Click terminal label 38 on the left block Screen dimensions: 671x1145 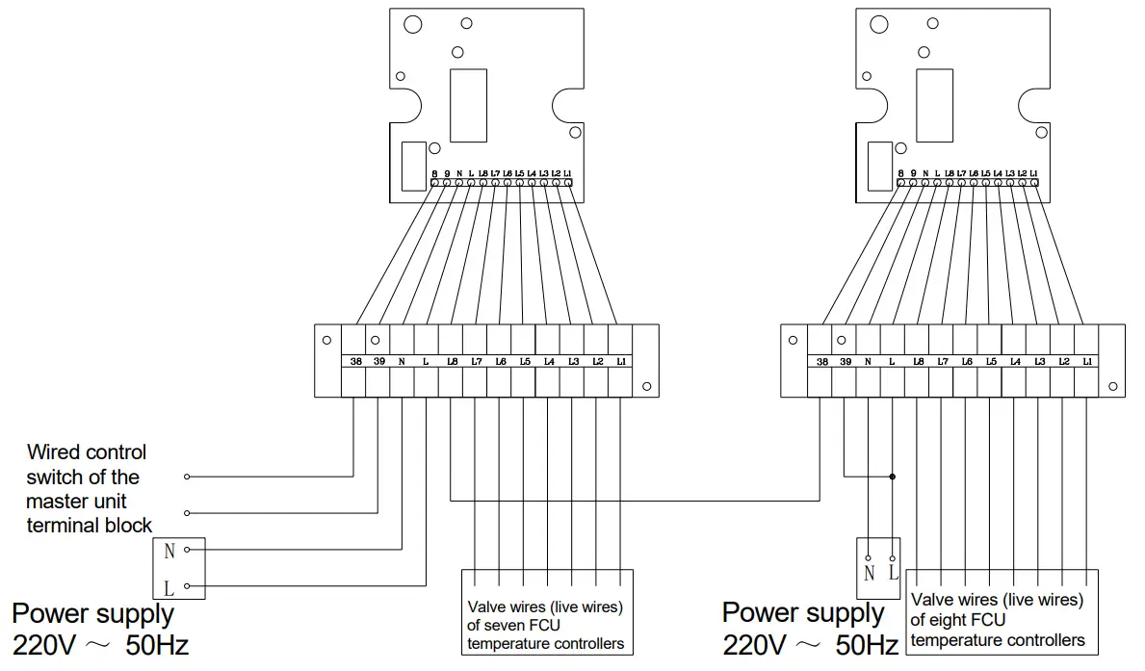354,362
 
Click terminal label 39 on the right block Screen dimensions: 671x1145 845,362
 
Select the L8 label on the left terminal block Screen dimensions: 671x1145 452,362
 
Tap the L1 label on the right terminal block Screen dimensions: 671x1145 1087,362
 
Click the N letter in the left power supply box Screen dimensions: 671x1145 169,552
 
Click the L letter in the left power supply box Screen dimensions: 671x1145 169,585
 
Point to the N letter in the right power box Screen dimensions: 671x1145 869,573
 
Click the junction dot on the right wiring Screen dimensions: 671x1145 893,476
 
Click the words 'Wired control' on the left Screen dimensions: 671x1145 87,452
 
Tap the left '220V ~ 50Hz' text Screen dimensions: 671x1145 100,644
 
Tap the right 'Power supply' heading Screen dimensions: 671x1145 802,612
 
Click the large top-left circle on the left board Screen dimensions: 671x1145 412,25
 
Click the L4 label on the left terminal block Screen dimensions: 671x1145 549,362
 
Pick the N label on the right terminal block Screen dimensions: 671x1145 869,362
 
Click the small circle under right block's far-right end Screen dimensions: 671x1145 1112,386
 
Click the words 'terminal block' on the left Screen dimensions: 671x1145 89,526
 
